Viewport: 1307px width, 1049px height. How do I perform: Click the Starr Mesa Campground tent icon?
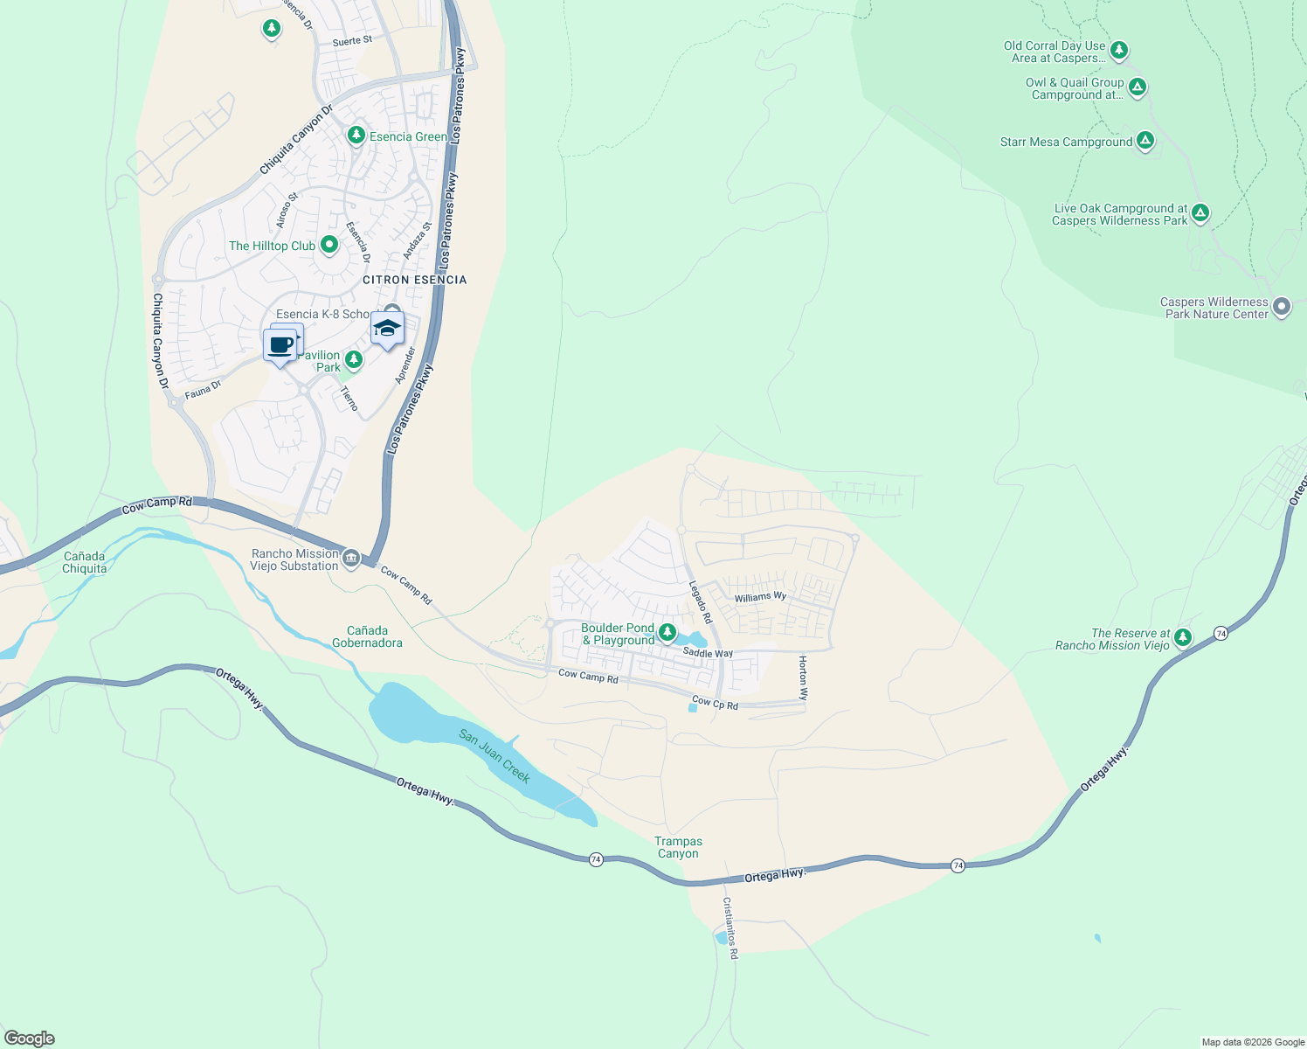(1145, 141)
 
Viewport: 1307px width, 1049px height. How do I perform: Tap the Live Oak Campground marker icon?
(1200, 212)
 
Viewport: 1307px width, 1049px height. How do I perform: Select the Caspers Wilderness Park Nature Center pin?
(1281, 307)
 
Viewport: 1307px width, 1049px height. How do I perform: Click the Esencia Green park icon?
(356, 135)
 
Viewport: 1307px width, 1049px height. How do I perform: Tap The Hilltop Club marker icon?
(329, 245)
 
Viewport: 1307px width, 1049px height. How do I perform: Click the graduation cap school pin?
(387, 329)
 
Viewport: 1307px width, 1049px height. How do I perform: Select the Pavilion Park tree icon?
(353, 359)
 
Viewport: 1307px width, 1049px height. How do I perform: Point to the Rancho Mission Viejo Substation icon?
(351, 558)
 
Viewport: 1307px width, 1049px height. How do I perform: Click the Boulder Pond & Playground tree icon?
(667, 631)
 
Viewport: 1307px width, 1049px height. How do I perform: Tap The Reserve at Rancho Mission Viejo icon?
(1182, 637)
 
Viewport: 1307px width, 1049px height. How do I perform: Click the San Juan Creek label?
(494, 756)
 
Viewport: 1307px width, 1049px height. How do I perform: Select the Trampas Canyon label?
(678, 847)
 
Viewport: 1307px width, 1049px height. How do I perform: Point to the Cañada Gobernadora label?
(367, 636)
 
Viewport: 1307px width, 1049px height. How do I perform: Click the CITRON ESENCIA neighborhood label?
(415, 280)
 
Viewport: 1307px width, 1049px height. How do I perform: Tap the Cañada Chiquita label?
(85, 562)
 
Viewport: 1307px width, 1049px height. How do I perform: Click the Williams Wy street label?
(760, 597)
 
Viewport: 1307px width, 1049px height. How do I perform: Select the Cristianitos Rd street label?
(730, 927)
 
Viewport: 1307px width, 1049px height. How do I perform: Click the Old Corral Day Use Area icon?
(1118, 50)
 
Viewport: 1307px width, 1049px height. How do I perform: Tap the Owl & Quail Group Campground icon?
(1137, 87)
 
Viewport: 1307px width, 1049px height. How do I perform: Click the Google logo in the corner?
(30, 1038)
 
